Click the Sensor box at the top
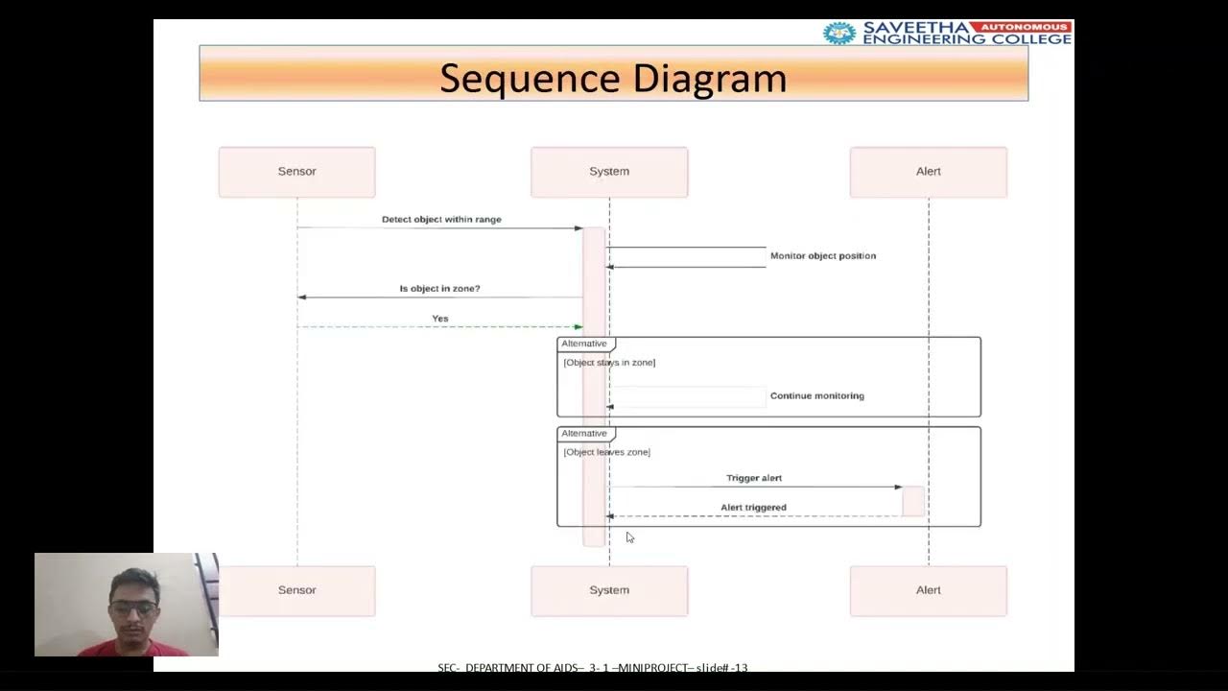coord(296,172)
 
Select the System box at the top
coord(609,172)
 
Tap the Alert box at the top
coord(928,172)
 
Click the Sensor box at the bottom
coord(296,590)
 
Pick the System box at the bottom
coord(609,590)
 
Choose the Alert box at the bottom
coord(928,590)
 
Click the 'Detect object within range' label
coord(441,220)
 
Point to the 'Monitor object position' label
coord(822,256)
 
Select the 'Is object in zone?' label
coord(439,289)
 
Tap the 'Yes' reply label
coord(439,319)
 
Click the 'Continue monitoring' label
coord(816,395)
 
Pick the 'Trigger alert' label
coord(754,478)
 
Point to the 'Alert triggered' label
coord(753,508)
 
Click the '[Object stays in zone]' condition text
coord(609,363)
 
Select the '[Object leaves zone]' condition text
coord(606,452)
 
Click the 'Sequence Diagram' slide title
coord(613,78)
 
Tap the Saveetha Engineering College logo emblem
coord(839,33)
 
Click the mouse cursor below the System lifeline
coord(629,537)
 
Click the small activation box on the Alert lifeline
coord(912,501)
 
